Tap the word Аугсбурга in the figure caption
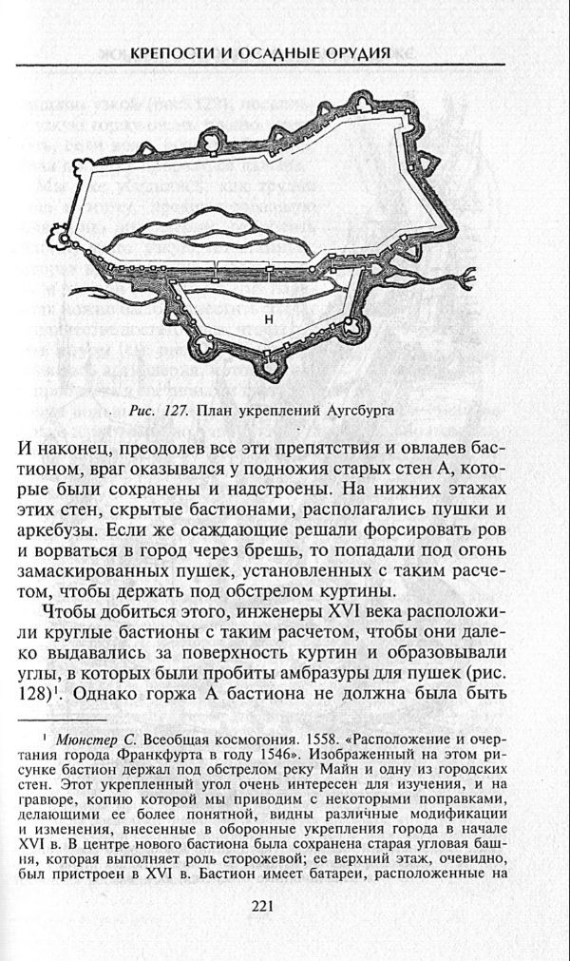tap(352, 411)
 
